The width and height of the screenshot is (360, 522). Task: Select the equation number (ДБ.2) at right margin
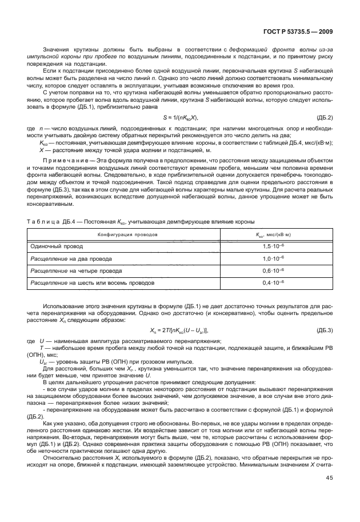point(326,118)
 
